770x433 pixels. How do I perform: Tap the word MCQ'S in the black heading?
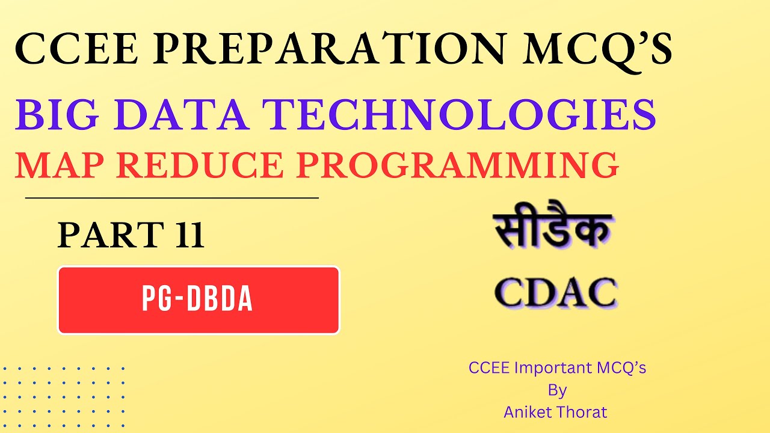pos(596,51)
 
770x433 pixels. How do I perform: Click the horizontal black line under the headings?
pos(171,197)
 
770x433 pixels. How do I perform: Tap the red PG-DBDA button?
pos(199,300)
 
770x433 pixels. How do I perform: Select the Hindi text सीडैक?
pos(553,231)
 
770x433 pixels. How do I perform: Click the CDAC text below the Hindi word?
pos(555,293)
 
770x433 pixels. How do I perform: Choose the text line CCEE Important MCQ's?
pos(557,368)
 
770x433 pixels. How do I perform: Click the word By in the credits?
pos(557,390)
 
